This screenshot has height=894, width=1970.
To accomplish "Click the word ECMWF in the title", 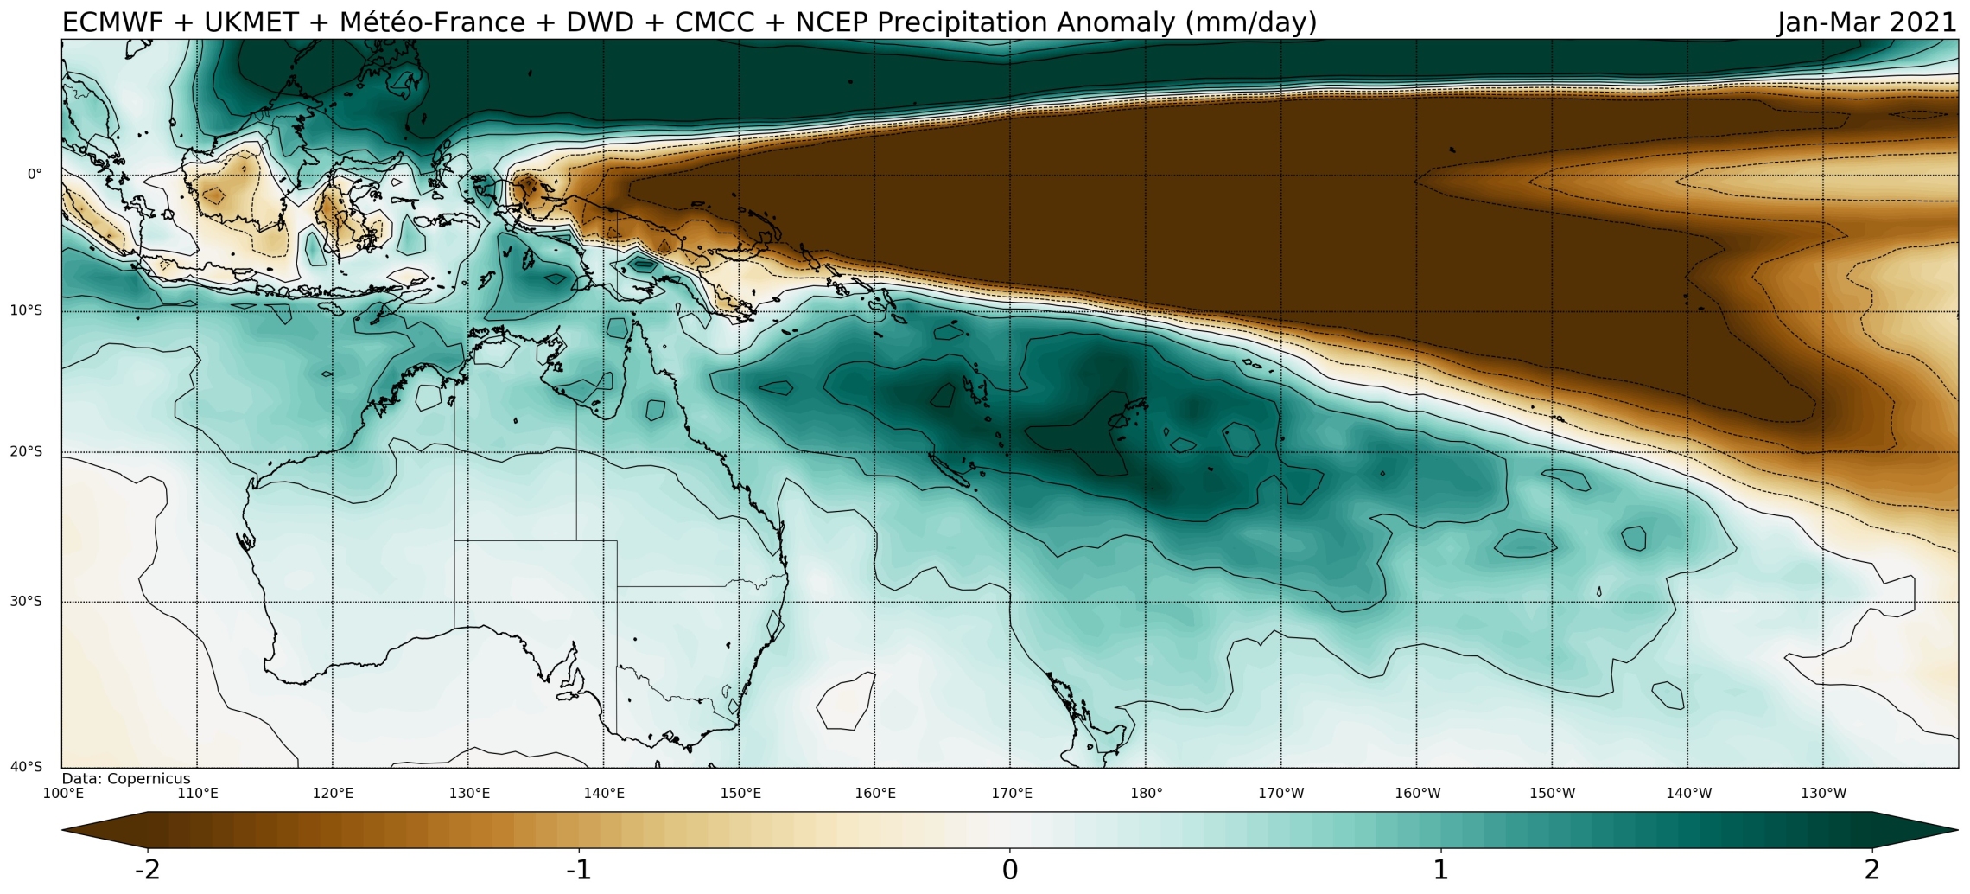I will tap(112, 22).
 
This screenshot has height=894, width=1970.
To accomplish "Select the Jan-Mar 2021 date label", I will tap(1866, 22).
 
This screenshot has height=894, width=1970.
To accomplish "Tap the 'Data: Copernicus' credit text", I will tap(126, 779).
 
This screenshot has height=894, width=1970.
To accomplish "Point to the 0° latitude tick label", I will tap(35, 175).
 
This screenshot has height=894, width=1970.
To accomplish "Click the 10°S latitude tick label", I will tap(26, 310).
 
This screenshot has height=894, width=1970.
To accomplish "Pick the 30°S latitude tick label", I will tap(26, 602).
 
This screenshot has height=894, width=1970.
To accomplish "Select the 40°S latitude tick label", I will tap(26, 767).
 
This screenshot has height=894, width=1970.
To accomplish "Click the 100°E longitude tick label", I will tap(63, 794).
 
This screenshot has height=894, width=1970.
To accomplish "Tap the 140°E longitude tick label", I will tap(604, 794).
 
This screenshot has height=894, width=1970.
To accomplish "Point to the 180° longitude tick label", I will tap(1147, 794).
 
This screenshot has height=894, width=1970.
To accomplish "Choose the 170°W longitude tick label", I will tap(1281, 794).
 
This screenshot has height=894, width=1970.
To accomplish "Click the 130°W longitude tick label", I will tap(1824, 794).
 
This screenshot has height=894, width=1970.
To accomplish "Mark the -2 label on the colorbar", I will tap(148, 870).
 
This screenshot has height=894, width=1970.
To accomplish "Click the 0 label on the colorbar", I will tap(1010, 870).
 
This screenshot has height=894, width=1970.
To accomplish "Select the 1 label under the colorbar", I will tap(1440, 870).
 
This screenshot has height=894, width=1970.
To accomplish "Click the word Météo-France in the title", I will tap(432, 22).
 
